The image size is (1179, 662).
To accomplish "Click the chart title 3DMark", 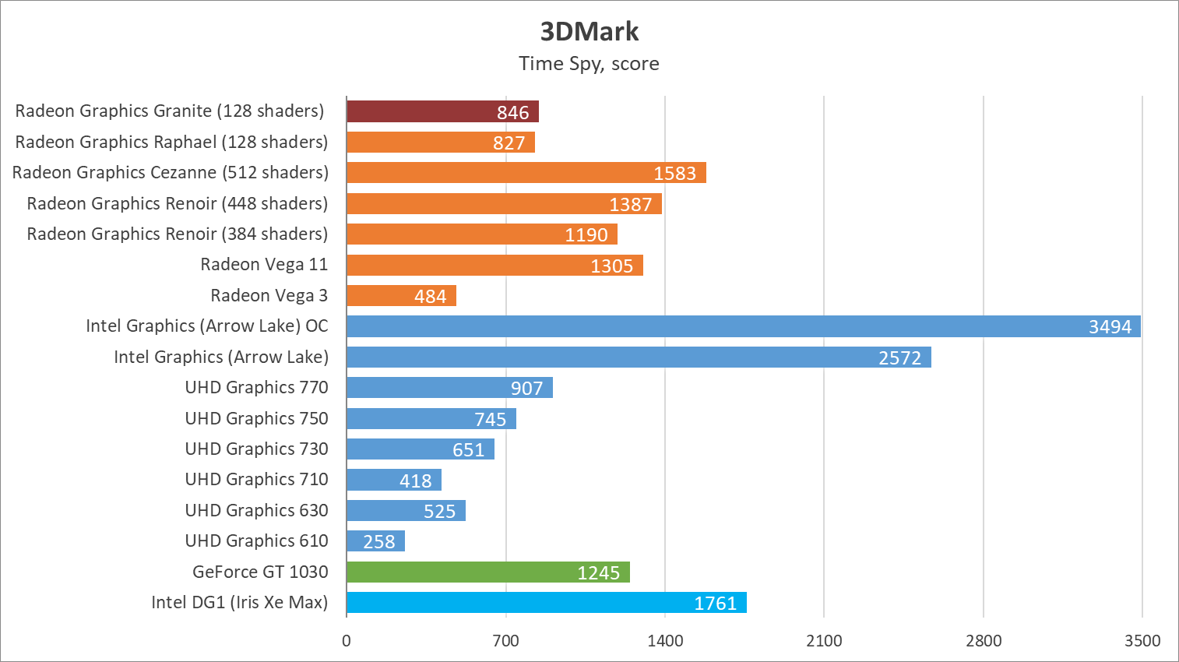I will [x=589, y=31].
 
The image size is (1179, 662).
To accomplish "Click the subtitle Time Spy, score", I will [x=589, y=64].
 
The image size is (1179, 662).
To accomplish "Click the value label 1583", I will [x=674, y=173].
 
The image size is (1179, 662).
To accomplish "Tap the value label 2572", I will [x=899, y=357].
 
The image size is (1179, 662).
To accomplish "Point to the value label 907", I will [x=526, y=388].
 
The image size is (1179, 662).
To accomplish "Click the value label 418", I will [x=415, y=481].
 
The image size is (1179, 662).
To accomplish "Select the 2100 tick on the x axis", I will [x=824, y=641].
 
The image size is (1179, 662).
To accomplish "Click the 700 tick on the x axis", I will [x=505, y=641].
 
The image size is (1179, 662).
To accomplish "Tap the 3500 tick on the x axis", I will [x=1142, y=641].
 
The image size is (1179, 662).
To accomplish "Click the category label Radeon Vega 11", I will [x=264, y=265].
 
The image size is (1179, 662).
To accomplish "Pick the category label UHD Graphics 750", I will [x=256, y=418].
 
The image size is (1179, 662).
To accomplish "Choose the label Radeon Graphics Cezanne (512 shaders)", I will [x=170, y=172].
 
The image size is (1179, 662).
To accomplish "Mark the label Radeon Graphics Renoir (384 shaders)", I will [x=177, y=234].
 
